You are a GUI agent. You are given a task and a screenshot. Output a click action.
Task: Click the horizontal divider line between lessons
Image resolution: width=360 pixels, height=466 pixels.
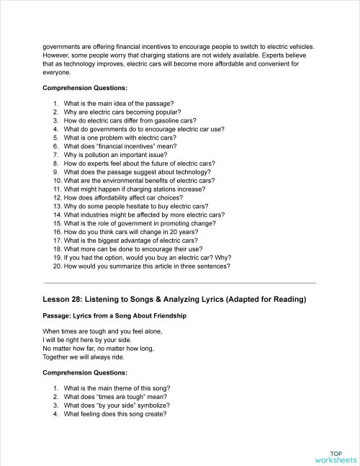tap(180, 283)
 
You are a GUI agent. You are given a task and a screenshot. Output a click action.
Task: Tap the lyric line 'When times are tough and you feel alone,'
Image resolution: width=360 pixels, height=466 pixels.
tap(102, 331)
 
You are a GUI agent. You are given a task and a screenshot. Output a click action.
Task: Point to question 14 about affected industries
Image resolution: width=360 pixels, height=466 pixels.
tap(138, 215)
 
